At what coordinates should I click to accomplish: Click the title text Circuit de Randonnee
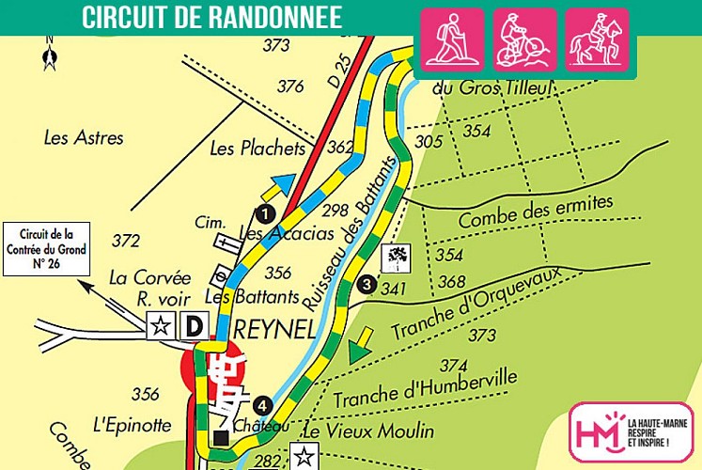pyautogui.click(x=211, y=17)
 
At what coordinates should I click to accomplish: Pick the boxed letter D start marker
pyautogui.click(x=194, y=326)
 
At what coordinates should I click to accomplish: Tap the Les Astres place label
pyautogui.click(x=84, y=138)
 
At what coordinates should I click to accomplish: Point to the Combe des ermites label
pyautogui.click(x=535, y=211)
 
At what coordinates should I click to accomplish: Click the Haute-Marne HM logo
pyautogui.click(x=631, y=431)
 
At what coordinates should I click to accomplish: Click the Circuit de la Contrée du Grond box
pyautogui.click(x=45, y=248)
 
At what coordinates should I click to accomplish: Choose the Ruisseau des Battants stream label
pyautogui.click(x=339, y=255)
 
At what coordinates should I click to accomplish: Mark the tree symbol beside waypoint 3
pyautogui.click(x=396, y=256)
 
